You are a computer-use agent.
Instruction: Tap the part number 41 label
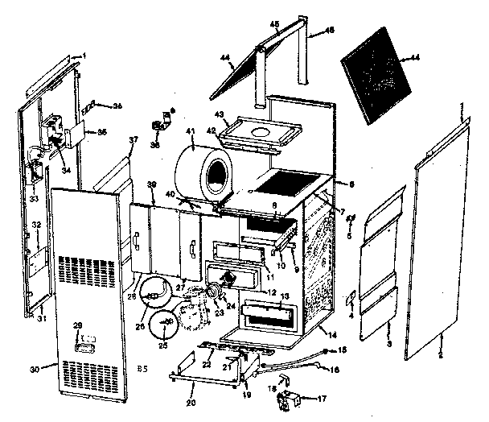191,131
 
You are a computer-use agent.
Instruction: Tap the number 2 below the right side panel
440,354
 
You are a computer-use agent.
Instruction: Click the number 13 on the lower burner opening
283,297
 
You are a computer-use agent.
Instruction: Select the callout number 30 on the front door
35,369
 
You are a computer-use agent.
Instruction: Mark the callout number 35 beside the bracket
101,132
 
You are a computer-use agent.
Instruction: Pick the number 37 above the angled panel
134,140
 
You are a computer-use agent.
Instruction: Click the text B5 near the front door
141,368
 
